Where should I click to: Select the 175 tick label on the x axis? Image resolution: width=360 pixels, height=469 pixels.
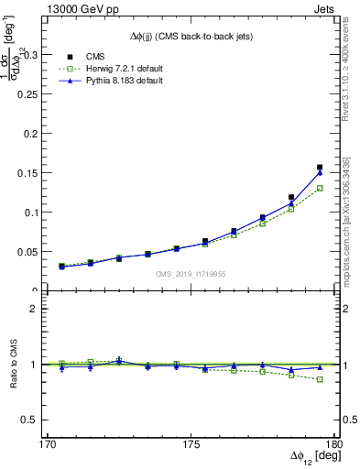pos(191,443)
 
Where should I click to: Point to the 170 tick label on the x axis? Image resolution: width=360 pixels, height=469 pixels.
pos(48,443)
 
